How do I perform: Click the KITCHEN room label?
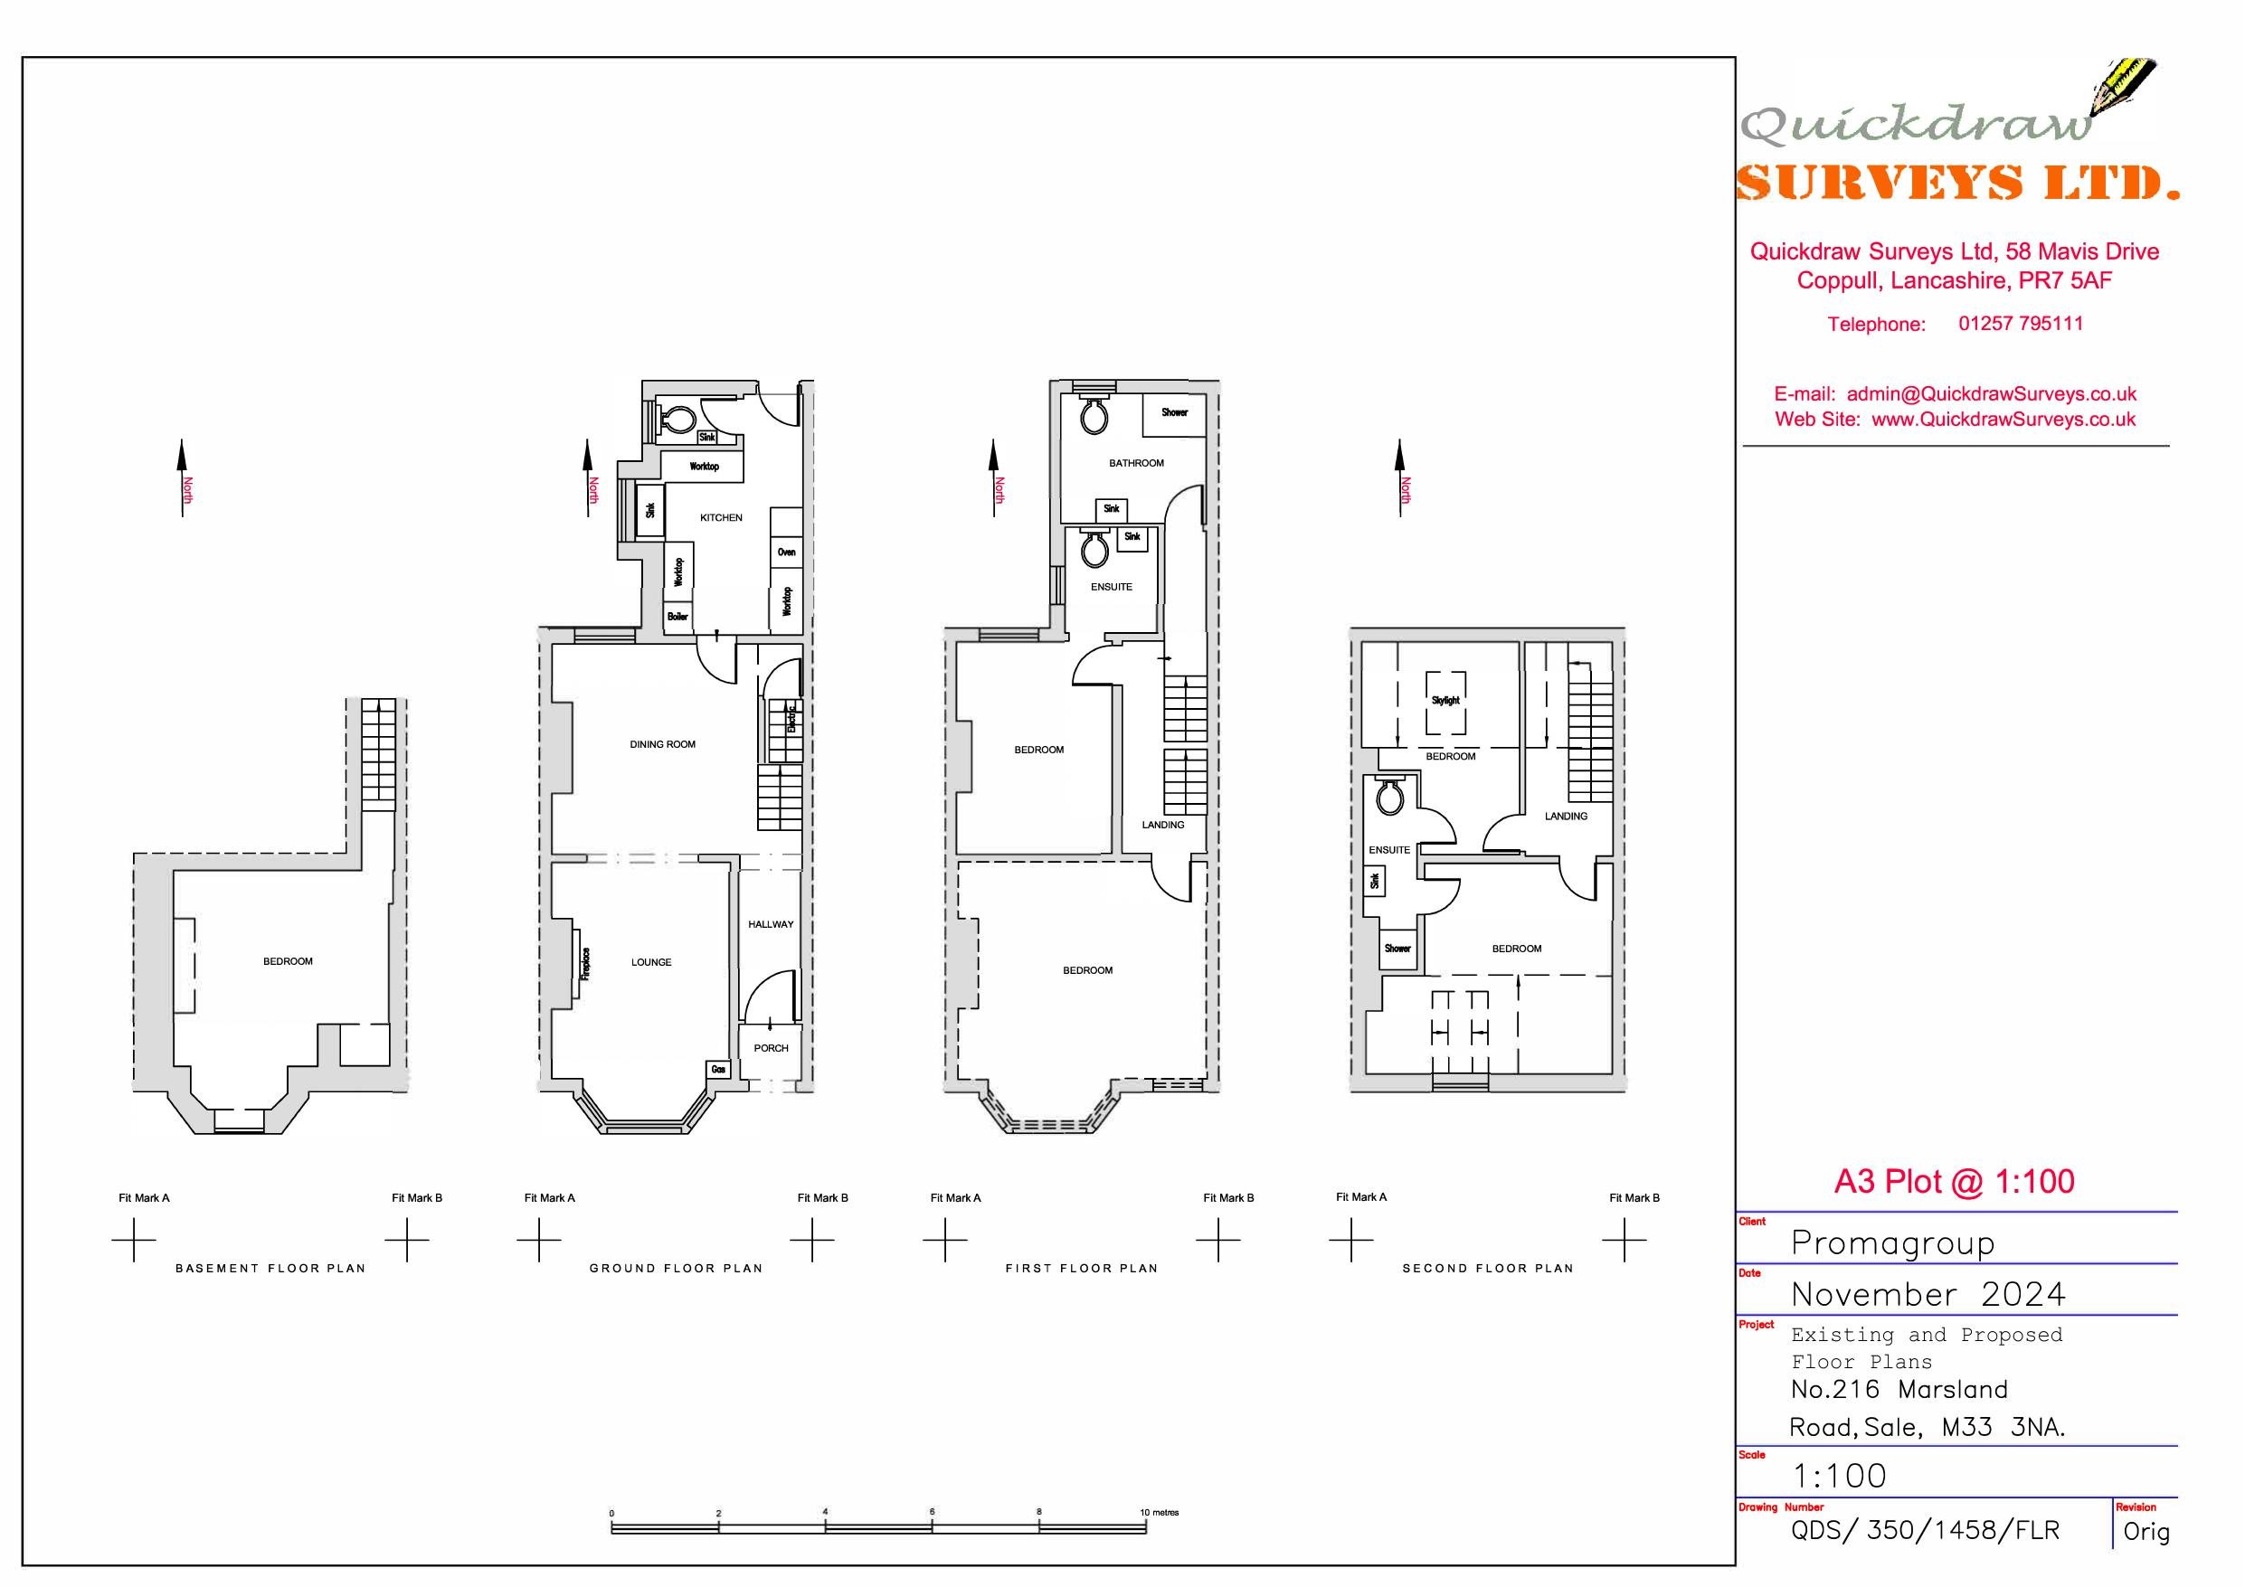(721, 518)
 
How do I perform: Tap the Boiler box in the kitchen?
(677, 617)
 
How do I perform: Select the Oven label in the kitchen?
(786, 553)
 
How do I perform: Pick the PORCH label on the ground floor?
(771, 1048)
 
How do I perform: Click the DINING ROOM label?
(662, 745)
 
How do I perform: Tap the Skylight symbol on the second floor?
(1445, 701)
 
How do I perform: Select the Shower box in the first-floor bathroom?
(1174, 413)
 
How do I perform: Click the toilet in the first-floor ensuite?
(1094, 551)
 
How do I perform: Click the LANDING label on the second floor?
(1566, 817)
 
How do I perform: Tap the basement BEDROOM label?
(288, 962)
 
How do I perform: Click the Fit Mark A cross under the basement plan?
(134, 1241)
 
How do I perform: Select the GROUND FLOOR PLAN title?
(676, 1268)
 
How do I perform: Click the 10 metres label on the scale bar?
(1160, 1513)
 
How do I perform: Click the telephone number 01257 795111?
(2020, 324)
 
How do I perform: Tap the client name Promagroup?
(1892, 1242)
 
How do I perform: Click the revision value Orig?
(2146, 1531)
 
